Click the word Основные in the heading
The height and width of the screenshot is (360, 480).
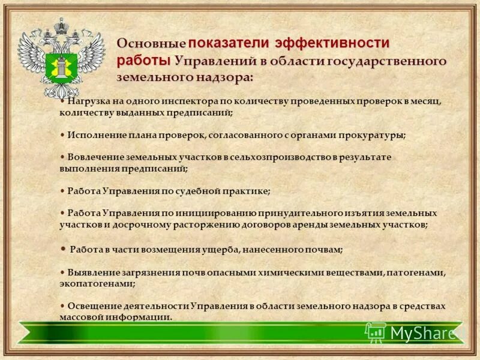tap(151, 44)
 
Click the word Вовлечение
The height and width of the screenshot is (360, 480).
tap(95, 157)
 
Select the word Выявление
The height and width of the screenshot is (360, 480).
tap(94, 272)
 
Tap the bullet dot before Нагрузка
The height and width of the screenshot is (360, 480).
tap(63, 101)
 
